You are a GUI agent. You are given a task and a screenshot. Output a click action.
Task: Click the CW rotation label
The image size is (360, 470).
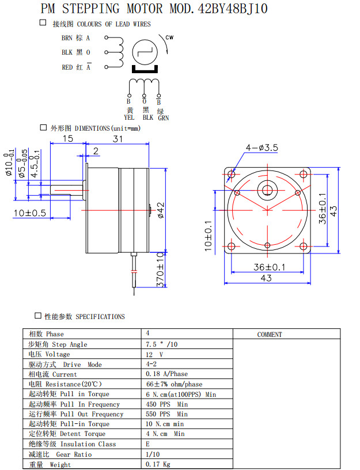coord(169,38)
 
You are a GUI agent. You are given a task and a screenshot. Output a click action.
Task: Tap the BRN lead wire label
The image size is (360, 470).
coord(67,38)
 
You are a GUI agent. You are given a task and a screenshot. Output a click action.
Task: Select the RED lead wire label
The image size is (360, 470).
coord(67,67)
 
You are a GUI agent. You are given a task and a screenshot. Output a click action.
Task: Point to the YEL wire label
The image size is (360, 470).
coord(129,117)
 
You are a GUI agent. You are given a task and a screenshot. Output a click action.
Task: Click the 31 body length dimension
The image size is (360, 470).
coord(118,139)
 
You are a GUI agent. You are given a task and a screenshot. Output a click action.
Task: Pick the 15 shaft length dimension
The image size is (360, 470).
coord(68,139)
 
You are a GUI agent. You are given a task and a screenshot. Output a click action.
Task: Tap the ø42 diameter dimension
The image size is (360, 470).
coord(161,210)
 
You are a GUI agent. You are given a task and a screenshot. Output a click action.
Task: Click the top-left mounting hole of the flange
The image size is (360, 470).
coord(232,175)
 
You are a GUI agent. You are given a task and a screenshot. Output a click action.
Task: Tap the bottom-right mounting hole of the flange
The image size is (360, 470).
coord(303,246)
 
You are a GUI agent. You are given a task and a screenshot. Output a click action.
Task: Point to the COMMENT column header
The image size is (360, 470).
coord(270,334)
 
